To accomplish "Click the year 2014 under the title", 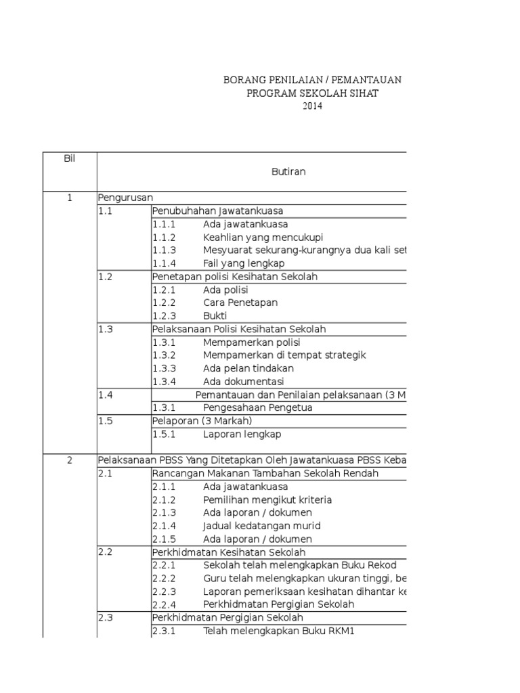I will pos(312,106).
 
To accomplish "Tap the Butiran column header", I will pos(288,171).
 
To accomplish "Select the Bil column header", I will pos(69,158).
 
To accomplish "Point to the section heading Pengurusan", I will pos(125,198).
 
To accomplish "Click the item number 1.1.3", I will pos(164,250).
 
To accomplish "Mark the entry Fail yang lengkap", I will pos(244,263).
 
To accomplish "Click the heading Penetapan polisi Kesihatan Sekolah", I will pos(235,277).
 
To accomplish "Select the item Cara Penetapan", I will pos(240,303).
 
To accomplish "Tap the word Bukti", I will pos(215,316).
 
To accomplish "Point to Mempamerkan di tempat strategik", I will pos(284,355).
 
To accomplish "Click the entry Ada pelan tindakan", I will pos(248,368).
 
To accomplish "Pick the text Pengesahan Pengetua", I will pos(258,407).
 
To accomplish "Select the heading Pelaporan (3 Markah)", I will pos(202,420).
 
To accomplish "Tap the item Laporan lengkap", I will pos(242,434).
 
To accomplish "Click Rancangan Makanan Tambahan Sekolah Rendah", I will pos(265,473).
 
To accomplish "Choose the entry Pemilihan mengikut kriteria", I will pos(267,499).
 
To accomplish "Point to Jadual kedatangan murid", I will pos(261,526).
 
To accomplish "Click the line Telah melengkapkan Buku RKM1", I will pos(278,631).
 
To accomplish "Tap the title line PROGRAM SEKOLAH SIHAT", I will pos(312,93).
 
